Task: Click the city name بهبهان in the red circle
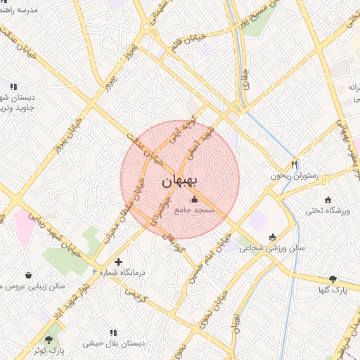coord(180,180)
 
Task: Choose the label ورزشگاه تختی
coord(323,210)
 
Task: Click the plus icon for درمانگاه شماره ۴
coord(118,262)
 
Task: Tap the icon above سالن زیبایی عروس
coord(28,275)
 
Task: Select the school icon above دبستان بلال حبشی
coord(112,332)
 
